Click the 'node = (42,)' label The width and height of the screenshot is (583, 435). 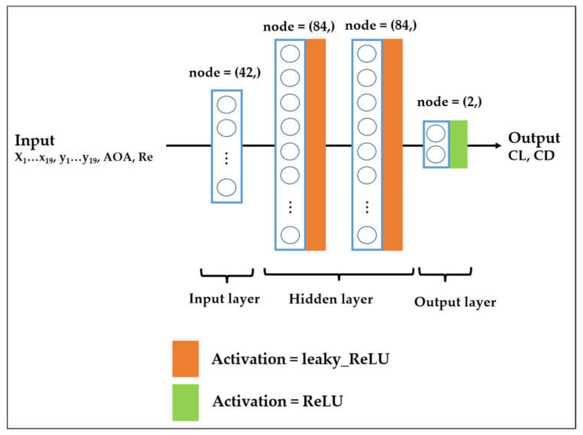[225, 73]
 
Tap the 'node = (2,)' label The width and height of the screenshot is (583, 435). [449, 102]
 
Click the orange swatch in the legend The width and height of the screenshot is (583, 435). [185, 359]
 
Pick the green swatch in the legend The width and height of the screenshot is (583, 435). [185, 402]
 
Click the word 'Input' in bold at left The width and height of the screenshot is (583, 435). [35, 140]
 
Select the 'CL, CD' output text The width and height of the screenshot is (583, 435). [531, 156]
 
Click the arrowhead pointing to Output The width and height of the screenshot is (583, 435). [498, 145]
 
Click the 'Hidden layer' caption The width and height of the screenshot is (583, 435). [331, 299]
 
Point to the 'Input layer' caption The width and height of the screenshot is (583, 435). [224, 299]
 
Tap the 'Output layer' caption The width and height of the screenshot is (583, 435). [455, 302]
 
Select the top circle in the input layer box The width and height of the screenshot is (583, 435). [227, 104]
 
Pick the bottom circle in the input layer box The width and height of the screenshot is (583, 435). [227, 187]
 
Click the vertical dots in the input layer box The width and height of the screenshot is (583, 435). [227, 159]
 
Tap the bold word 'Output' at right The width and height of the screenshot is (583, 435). [534, 138]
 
